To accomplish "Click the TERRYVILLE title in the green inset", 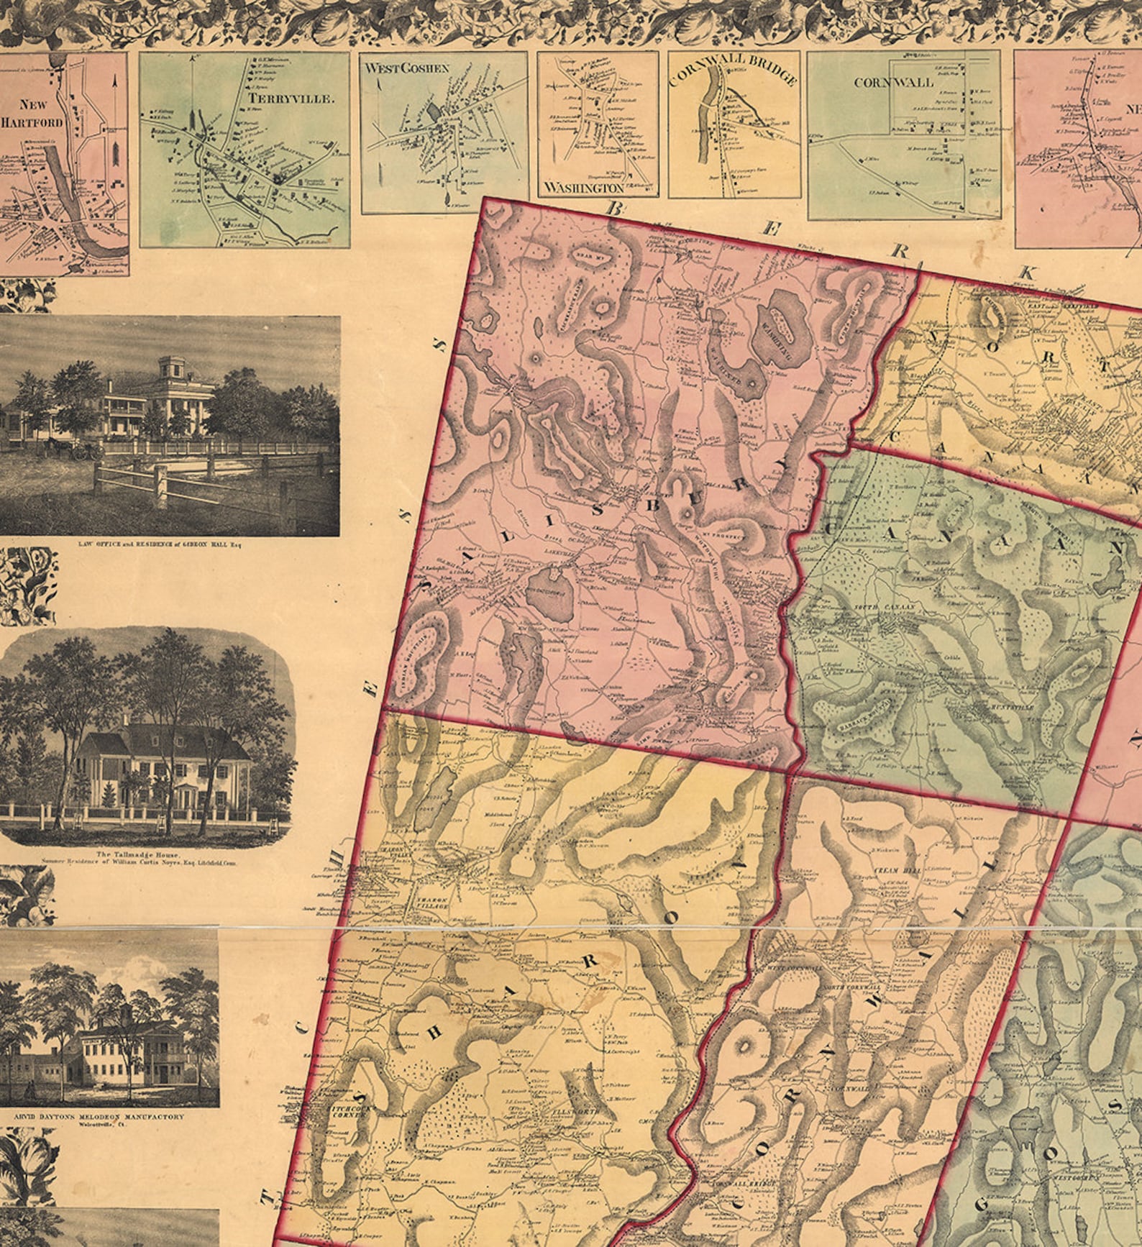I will tap(291, 99).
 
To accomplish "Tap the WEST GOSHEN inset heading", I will tap(406, 68).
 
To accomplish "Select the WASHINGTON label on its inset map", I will tap(583, 188).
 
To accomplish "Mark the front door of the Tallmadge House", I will tap(189, 798).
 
